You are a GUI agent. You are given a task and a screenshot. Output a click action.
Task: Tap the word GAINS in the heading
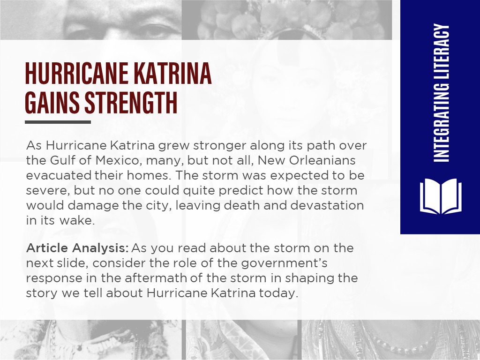point(52,103)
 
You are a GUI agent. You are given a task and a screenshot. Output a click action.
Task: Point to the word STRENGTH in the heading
point(131,103)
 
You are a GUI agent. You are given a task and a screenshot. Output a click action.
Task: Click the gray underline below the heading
point(58,122)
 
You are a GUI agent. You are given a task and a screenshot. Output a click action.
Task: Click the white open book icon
point(441,196)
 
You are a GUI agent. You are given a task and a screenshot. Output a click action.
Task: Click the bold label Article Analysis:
point(77,248)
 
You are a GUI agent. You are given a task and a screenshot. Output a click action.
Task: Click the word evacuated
point(59,175)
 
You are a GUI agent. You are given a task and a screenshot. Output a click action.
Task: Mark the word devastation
point(327,205)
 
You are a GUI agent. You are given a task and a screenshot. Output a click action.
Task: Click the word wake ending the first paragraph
point(77,220)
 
